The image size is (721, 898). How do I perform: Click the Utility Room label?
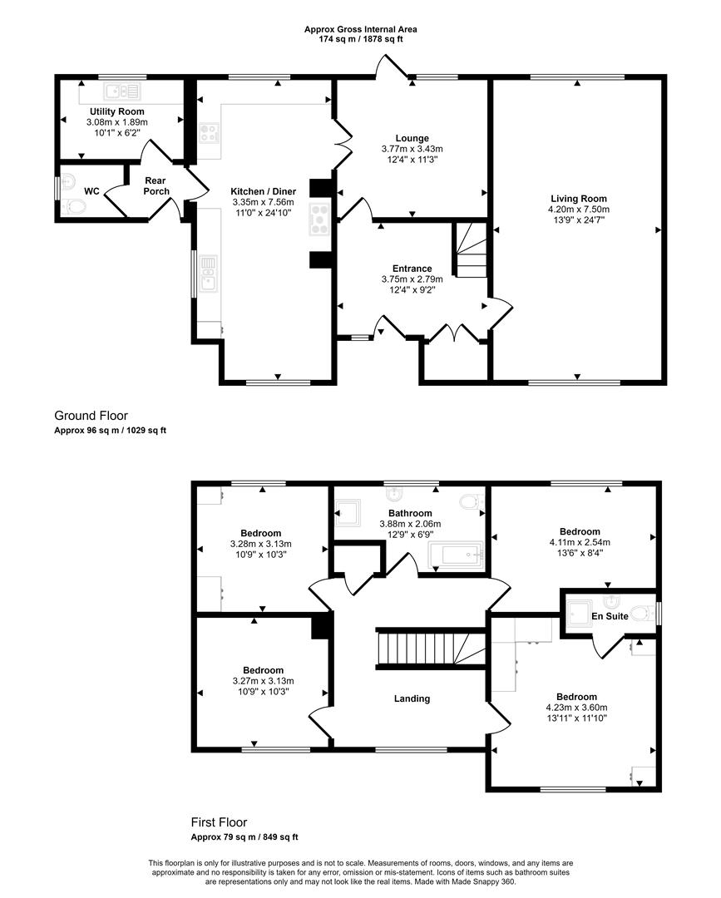tap(116, 111)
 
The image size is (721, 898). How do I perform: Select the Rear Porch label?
tap(156, 185)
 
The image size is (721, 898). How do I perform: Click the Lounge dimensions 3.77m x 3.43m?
tap(412, 150)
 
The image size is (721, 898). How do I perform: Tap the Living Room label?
tap(578, 198)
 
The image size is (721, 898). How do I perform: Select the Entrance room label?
tap(412, 268)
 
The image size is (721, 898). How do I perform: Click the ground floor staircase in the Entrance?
tap(471, 249)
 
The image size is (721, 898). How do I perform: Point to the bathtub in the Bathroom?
tap(456, 555)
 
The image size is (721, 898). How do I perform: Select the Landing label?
tap(412, 698)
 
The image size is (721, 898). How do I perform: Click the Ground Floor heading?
tap(91, 415)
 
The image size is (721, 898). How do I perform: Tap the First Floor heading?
tap(219, 822)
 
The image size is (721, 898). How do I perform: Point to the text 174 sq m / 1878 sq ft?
tap(360, 38)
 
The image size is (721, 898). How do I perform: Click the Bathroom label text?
tap(410, 513)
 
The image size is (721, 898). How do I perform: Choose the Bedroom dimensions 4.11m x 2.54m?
tap(579, 542)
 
